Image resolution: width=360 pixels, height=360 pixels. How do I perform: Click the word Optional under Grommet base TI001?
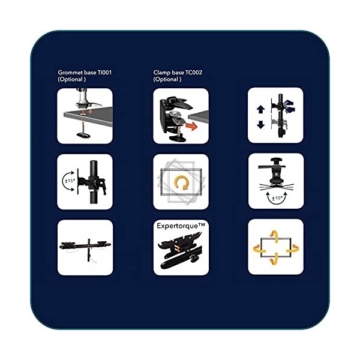tap(72, 79)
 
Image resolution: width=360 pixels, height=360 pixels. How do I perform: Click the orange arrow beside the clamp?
tap(191, 127)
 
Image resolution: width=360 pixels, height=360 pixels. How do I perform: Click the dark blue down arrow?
tap(260, 125)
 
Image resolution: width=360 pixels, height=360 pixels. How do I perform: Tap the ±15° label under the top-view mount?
tap(277, 198)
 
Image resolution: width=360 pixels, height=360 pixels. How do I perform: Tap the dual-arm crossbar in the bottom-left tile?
tap(85, 245)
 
